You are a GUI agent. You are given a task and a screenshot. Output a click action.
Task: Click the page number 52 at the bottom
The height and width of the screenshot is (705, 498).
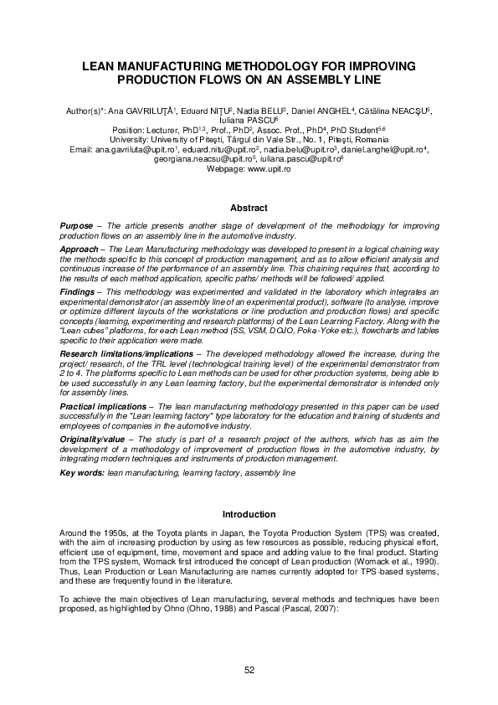pos(249,669)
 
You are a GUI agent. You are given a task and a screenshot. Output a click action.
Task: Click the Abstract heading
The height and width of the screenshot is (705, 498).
pos(249,208)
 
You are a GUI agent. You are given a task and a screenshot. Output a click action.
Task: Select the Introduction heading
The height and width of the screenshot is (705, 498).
pos(249,514)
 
